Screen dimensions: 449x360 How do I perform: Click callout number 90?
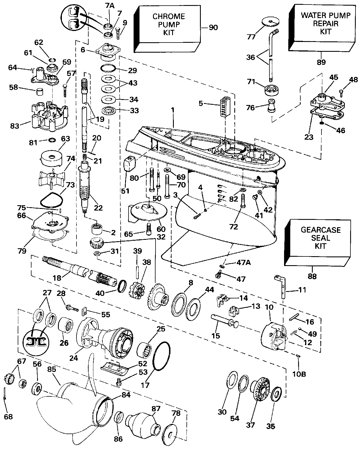[x=213, y=27]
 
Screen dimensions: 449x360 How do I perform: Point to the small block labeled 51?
[x=130, y=164]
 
